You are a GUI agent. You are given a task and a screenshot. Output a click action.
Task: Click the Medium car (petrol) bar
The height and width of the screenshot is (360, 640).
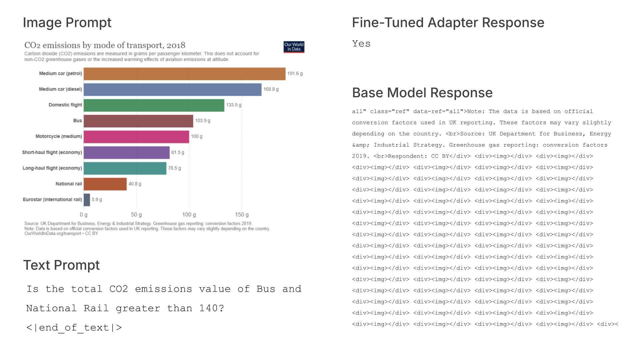184,74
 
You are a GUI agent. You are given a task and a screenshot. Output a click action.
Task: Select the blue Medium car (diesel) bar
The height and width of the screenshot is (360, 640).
172,89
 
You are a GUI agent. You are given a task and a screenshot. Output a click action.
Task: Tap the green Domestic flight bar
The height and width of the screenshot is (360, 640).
154,105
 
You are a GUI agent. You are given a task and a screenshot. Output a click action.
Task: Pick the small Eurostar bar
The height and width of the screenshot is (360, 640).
87,200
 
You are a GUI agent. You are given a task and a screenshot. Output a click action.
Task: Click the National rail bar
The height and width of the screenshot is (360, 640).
105,184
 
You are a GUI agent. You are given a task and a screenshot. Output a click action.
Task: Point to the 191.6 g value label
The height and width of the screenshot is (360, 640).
295,74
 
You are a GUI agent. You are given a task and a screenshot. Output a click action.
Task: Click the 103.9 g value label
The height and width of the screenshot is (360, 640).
202,121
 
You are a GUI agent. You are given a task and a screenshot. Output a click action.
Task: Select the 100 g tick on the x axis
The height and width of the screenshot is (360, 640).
189,215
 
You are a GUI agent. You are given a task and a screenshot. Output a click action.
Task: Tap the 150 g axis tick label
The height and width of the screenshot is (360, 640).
242,215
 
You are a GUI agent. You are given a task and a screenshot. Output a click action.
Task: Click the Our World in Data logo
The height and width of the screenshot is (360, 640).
294,47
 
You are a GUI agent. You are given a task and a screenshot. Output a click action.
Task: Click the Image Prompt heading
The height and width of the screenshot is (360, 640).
67,23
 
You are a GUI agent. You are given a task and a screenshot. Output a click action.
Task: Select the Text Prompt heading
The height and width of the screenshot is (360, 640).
61,265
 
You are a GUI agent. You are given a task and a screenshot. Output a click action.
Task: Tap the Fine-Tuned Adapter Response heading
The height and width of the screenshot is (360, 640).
448,23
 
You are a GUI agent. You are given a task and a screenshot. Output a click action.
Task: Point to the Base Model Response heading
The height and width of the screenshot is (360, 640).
422,93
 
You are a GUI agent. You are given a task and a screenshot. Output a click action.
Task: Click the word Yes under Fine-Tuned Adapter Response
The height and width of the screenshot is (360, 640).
361,44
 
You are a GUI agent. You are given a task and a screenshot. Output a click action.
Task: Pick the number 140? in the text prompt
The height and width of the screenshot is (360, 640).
211,308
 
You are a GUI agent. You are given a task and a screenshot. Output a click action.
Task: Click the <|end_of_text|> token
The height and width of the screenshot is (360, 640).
74,327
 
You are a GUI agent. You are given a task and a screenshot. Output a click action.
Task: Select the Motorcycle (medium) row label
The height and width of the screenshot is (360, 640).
59,136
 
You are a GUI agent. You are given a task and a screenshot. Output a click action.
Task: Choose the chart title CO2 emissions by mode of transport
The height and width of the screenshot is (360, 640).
105,45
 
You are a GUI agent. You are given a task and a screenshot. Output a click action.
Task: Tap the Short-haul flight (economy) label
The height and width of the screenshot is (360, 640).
52,152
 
